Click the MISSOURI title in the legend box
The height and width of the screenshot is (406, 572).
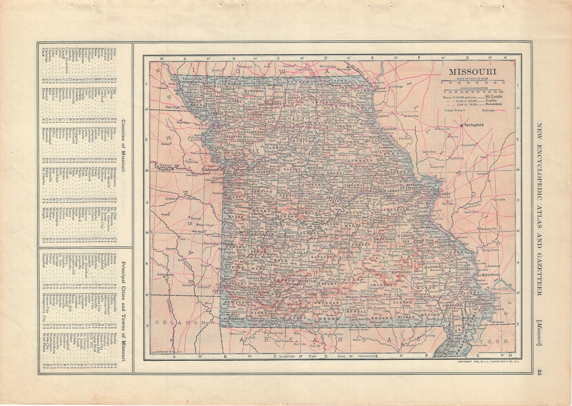[x=472, y=72]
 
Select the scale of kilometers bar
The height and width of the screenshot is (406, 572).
[x=473, y=90]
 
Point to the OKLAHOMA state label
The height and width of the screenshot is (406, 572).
[x=183, y=322]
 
